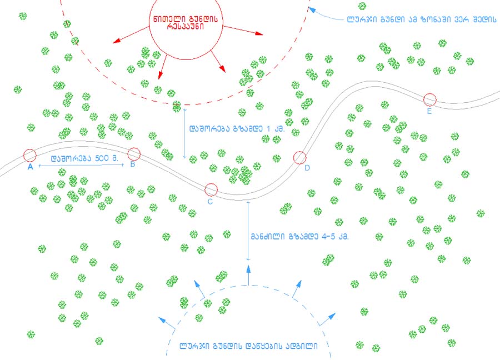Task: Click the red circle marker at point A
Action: [30, 155]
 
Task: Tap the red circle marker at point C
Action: [211, 190]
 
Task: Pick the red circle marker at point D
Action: [299, 158]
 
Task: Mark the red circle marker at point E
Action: [429, 99]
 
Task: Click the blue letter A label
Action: [31, 166]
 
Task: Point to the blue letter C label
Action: [210, 202]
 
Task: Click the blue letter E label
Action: [429, 111]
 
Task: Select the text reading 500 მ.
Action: [107, 158]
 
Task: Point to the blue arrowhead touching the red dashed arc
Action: [312, 9]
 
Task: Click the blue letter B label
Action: [133, 164]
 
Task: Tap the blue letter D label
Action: [307, 167]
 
